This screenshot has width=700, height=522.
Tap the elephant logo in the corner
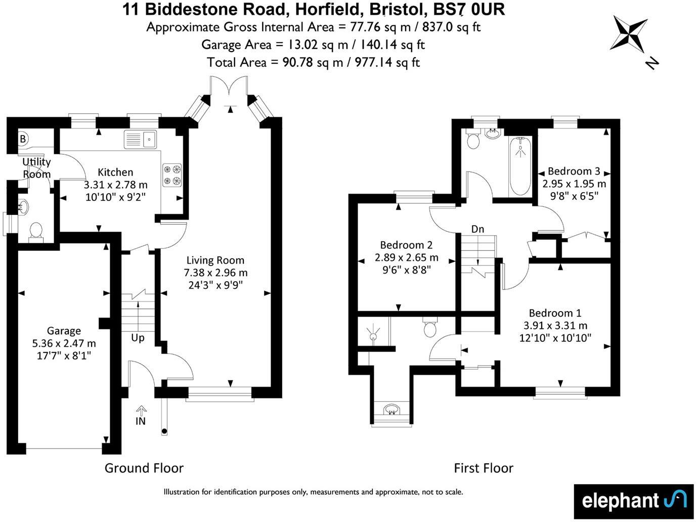(633, 501)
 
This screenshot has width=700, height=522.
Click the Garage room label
(64, 331)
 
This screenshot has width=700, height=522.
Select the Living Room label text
(215, 260)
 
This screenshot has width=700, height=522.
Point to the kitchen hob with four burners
(172, 175)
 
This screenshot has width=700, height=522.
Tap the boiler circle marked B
(23, 139)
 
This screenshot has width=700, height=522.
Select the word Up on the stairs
(138, 337)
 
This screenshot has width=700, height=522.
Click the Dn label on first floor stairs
(477, 229)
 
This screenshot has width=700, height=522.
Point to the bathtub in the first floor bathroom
(519, 166)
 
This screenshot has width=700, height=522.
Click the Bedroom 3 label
(574, 171)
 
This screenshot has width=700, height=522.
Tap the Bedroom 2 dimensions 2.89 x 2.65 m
(406, 257)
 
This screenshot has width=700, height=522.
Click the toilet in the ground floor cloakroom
(36, 232)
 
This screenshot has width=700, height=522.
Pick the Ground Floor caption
(144, 468)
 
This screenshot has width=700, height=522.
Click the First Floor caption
(483, 468)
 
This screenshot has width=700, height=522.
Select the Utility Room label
(37, 168)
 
